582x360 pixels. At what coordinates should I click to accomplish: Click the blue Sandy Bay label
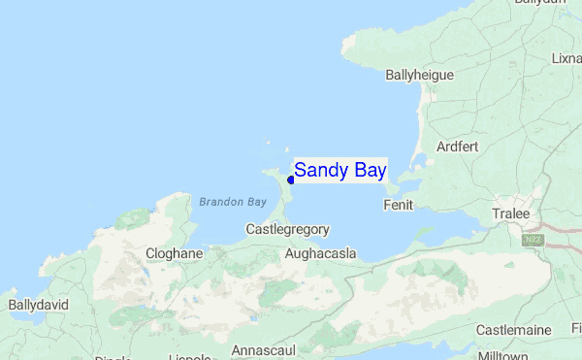coord(339,171)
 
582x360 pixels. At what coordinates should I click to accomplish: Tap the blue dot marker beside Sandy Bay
coord(290,180)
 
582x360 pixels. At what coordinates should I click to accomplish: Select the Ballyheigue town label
coord(420,74)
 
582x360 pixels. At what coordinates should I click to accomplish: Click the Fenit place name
coord(400,206)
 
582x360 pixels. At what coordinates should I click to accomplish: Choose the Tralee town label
coord(510,213)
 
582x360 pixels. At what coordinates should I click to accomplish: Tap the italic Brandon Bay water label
coord(232,203)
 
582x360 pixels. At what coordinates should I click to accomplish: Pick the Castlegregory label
coord(288,230)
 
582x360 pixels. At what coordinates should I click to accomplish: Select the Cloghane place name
coord(174,253)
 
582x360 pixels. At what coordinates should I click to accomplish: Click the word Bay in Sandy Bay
coord(370,171)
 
